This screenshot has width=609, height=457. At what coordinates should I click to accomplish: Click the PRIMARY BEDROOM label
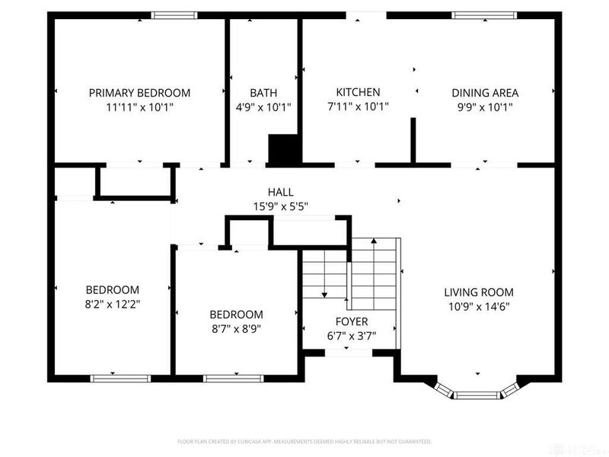(139, 93)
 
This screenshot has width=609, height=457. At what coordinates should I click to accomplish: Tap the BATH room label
(263, 93)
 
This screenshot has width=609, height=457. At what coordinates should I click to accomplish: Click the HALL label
(280, 192)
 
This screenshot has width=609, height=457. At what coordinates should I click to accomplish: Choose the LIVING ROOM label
(479, 292)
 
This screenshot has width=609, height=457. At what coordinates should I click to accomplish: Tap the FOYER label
(351, 321)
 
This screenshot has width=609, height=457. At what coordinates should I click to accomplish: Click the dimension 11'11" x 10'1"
(139, 107)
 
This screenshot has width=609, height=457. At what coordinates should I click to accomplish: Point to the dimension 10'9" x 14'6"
(479, 306)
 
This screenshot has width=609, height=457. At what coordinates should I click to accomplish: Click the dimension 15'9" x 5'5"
(280, 206)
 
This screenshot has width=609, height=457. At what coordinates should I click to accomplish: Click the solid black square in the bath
(282, 149)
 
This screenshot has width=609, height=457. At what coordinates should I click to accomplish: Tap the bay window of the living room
(478, 394)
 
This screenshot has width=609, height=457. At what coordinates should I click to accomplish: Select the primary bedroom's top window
(174, 14)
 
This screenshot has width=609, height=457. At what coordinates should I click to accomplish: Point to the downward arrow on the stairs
(324, 293)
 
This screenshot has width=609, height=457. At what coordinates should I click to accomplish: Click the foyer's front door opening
(348, 353)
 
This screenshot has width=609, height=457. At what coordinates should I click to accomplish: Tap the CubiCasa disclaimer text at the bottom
(304, 441)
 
